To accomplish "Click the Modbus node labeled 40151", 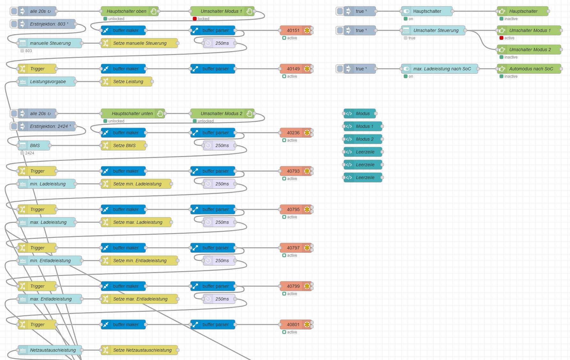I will (293, 30).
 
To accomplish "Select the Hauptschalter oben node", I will (126, 11).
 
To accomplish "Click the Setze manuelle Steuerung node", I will (140, 43).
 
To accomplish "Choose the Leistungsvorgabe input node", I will (48, 82).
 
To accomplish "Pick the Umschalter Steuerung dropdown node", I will (435, 30).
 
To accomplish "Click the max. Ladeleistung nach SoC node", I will (442, 69).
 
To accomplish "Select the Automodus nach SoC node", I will (531, 69).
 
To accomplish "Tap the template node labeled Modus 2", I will (364, 139).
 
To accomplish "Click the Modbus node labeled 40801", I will (293, 325).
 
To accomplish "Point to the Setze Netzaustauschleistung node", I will (142, 350).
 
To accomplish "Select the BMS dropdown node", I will (35, 145).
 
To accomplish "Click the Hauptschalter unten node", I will (132, 113).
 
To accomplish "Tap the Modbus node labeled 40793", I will (293, 171).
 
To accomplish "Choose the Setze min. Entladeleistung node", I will (140, 261).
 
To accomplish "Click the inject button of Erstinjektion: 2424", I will (14, 126).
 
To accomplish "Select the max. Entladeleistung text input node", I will (50, 299).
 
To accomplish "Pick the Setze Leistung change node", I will (128, 82).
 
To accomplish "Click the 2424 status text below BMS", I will (30, 153).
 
